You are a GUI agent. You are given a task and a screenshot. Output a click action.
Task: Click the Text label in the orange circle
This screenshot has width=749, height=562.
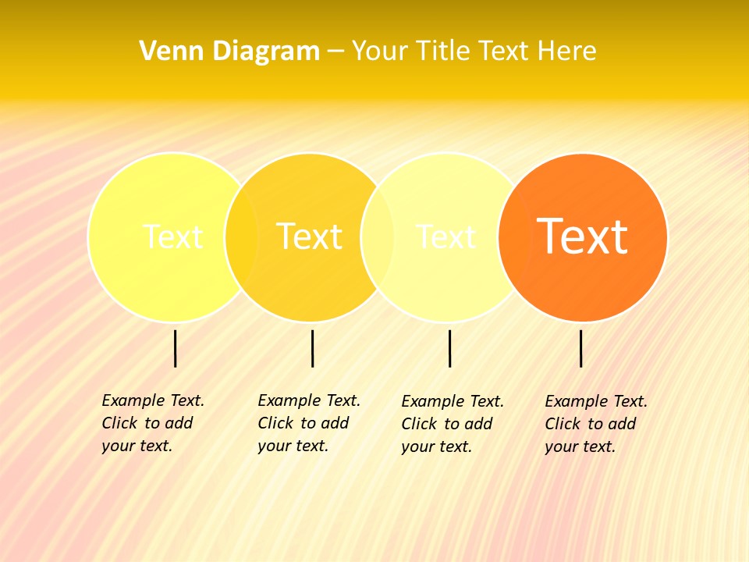(x=582, y=236)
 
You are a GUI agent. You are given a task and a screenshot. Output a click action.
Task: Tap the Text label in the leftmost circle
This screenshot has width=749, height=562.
(x=173, y=236)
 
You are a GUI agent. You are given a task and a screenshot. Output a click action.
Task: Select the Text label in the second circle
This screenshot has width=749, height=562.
(x=310, y=236)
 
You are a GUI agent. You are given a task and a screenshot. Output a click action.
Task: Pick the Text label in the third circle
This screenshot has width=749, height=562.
(x=445, y=236)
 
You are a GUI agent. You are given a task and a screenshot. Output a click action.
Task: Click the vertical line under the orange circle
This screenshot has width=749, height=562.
(x=581, y=348)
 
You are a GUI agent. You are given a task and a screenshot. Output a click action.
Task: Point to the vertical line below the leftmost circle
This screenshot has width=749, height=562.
(x=176, y=348)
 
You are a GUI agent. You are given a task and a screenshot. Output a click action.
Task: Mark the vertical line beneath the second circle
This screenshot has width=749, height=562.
(x=312, y=348)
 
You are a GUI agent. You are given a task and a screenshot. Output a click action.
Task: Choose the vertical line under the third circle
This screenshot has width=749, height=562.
(x=450, y=348)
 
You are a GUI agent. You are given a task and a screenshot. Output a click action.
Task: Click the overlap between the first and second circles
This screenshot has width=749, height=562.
(x=241, y=237)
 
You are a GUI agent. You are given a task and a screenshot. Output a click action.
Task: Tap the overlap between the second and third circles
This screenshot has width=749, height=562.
(x=378, y=237)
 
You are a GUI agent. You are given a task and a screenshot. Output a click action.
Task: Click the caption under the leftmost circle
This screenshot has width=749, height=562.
(x=153, y=423)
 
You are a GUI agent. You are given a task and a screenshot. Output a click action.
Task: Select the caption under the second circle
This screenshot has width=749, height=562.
(x=309, y=423)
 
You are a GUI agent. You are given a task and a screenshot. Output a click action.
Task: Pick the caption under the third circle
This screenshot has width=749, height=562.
(x=453, y=424)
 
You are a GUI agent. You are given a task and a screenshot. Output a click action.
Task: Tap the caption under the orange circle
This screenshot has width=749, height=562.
(x=596, y=424)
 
